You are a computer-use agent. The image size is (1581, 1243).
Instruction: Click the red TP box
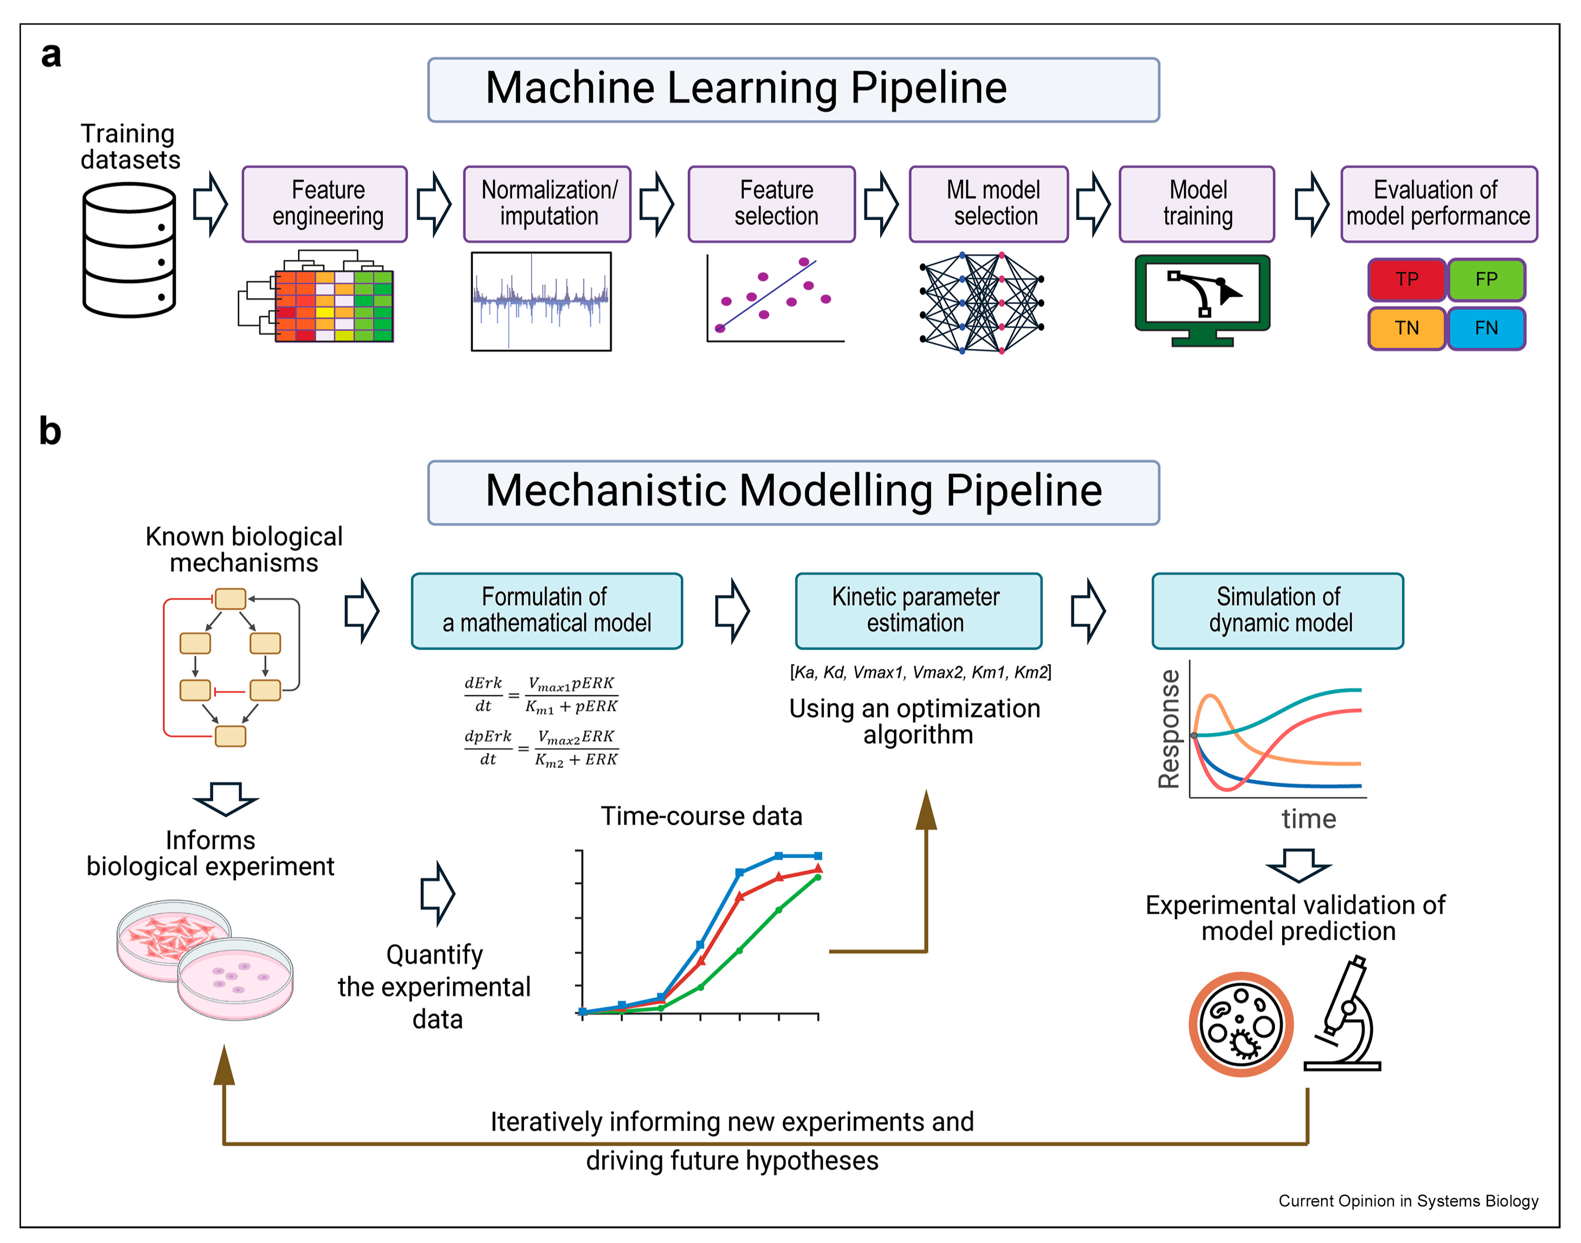coord(1406,280)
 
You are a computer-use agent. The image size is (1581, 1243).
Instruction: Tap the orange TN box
coord(1406,328)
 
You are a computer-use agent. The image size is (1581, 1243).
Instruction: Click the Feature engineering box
coord(325,204)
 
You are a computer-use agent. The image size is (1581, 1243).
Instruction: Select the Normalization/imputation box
coord(548,204)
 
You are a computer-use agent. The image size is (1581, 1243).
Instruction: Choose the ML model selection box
coord(989,204)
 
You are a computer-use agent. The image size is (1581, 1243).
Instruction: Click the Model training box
coord(1197,204)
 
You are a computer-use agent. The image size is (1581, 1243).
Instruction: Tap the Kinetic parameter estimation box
coord(918,610)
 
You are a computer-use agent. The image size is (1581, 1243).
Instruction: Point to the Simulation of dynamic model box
coord(1278,610)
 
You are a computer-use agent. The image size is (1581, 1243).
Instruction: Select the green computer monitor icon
coord(1203,300)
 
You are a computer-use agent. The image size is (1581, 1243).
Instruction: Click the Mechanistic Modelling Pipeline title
coord(794,491)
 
